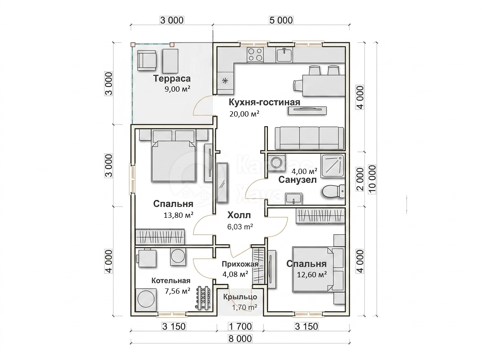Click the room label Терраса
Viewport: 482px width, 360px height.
[172, 79]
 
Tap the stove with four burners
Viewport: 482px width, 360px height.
[255, 55]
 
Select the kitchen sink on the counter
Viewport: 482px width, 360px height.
[284, 55]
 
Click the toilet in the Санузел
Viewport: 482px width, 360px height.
[333, 191]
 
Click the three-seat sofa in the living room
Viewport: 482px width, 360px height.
[309, 138]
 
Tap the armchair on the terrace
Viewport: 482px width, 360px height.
[147, 60]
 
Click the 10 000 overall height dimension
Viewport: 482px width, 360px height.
[372, 179]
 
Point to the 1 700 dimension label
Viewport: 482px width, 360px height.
[240, 326]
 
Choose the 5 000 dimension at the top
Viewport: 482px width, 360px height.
[281, 20]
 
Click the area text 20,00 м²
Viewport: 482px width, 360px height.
[244, 114]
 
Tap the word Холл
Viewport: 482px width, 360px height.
[239, 215]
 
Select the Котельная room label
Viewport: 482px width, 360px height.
[171, 280]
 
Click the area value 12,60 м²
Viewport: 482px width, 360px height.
[312, 274]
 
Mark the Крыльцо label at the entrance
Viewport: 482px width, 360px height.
[240, 297]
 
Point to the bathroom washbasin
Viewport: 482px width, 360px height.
[293, 198]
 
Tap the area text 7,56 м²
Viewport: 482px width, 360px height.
[178, 291]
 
